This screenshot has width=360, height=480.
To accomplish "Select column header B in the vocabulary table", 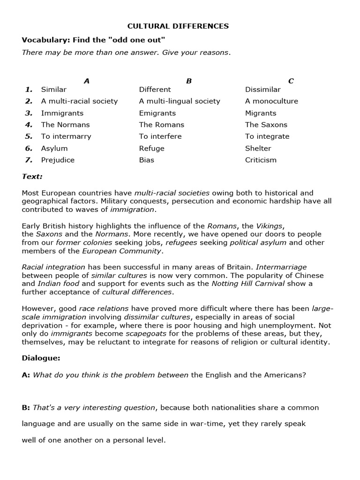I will coord(189,81).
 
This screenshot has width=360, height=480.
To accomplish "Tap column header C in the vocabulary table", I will coord(291,81).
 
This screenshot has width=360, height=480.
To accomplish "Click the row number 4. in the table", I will coord(29,125).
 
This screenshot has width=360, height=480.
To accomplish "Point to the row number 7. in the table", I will coord(29,160).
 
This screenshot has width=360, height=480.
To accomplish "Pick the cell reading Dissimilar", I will coord(262,90).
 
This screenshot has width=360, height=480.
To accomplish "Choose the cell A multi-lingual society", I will coord(180,101).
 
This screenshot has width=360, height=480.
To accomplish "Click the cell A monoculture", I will coord(271,101).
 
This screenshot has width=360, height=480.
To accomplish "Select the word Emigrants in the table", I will coord(157,113).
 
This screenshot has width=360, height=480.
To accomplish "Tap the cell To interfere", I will coord(160,136).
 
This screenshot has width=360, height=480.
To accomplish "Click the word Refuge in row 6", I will coord(152,148).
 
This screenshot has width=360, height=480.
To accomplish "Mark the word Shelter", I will coord(258,148).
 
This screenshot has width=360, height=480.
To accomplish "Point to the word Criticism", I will coord(261,160).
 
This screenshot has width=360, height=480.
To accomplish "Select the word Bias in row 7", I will coord(147,160).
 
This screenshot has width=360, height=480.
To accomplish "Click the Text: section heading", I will coord(32,177).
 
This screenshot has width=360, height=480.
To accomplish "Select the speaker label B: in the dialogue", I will coord(26,408).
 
